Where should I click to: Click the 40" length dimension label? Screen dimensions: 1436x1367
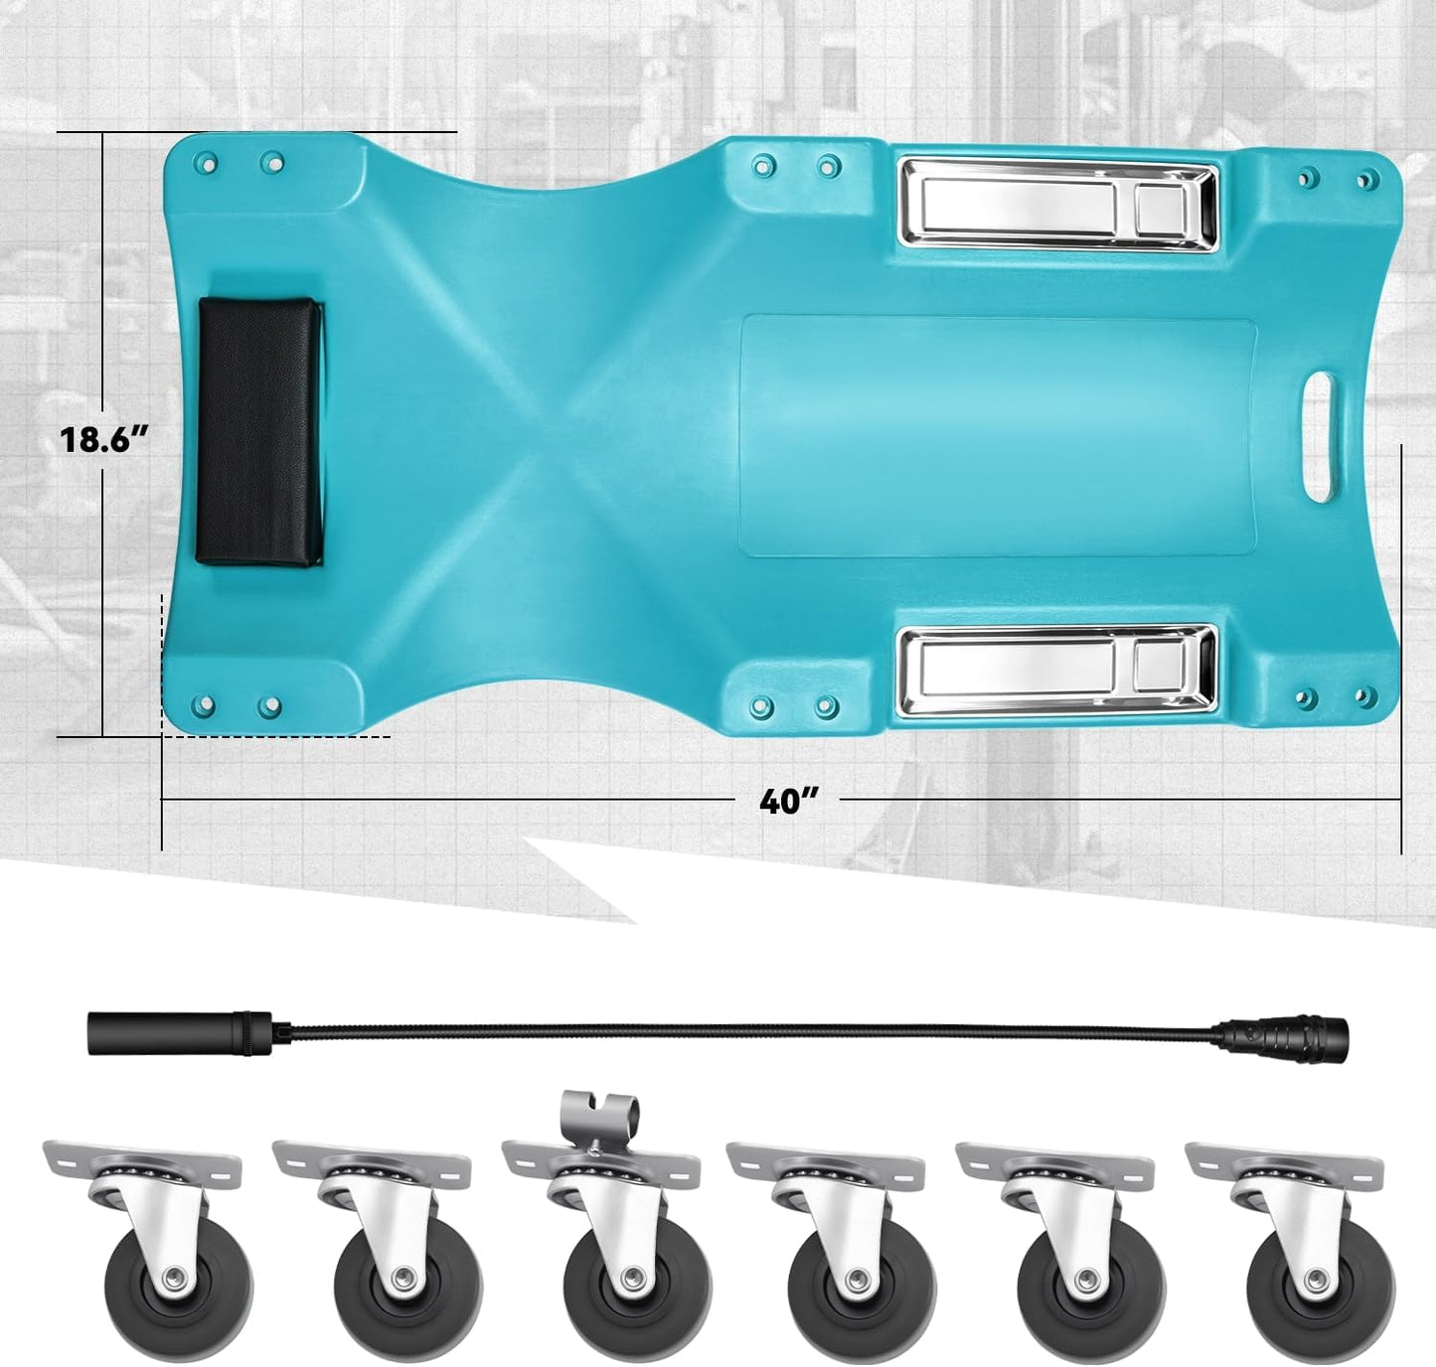coord(787,801)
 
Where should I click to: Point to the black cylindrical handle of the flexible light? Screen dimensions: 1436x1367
coord(180,1032)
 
